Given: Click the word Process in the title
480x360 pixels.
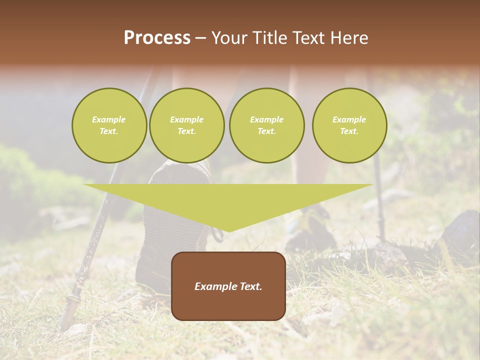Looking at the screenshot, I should coord(157,38).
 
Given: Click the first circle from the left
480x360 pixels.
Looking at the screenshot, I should coord(109,125).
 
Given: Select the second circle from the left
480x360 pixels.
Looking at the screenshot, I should coord(186,125).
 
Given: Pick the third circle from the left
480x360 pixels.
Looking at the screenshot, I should coord(266,125).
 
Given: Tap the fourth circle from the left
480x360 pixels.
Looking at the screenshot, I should coord(349,125).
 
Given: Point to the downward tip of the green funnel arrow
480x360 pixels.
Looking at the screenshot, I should coord(228,230).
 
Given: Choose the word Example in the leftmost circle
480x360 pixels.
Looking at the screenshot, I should coord(109,119).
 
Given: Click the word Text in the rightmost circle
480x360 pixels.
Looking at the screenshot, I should coord(349,131).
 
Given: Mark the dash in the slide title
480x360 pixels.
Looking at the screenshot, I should coord(200,38).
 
